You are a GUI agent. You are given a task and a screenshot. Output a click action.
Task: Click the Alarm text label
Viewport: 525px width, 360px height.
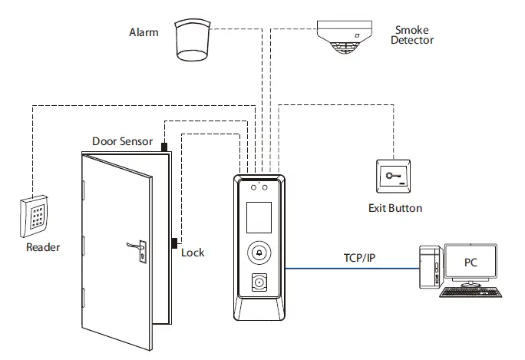point(144,32)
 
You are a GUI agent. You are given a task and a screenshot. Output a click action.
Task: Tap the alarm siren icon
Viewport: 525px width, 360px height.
point(193,41)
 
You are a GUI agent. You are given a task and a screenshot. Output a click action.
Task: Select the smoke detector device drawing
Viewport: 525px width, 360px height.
point(344,37)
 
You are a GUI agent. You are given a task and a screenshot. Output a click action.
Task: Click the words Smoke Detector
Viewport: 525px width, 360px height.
point(412,35)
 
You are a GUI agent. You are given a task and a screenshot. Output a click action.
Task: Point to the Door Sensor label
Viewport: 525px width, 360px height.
point(122,141)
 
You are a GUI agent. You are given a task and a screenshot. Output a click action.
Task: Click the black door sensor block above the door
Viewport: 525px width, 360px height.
point(164,147)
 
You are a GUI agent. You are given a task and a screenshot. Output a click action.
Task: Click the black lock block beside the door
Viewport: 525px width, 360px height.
point(174,243)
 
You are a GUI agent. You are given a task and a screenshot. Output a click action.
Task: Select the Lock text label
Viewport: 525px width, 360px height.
point(193,253)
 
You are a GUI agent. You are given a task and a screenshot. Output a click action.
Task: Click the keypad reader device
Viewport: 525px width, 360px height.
point(34,216)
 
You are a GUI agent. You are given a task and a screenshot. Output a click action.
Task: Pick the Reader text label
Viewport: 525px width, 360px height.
point(43,247)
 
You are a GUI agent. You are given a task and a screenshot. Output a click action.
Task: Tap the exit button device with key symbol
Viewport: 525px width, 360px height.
point(394,176)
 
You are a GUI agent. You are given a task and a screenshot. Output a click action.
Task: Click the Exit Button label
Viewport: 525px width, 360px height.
point(395,208)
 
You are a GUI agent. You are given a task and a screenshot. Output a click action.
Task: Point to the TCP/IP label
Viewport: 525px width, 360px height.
point(359,258)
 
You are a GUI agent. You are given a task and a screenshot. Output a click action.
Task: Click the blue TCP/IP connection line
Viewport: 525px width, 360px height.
point(352,268)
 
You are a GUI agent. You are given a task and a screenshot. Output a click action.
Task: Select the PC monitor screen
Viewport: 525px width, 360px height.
point(471,262)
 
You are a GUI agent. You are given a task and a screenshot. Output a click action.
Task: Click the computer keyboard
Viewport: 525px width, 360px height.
point(471,292)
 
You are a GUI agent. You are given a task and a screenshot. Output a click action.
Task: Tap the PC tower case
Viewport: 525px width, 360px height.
point(431,267)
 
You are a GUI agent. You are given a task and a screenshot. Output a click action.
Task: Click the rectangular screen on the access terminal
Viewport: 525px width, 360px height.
point(259,217)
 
